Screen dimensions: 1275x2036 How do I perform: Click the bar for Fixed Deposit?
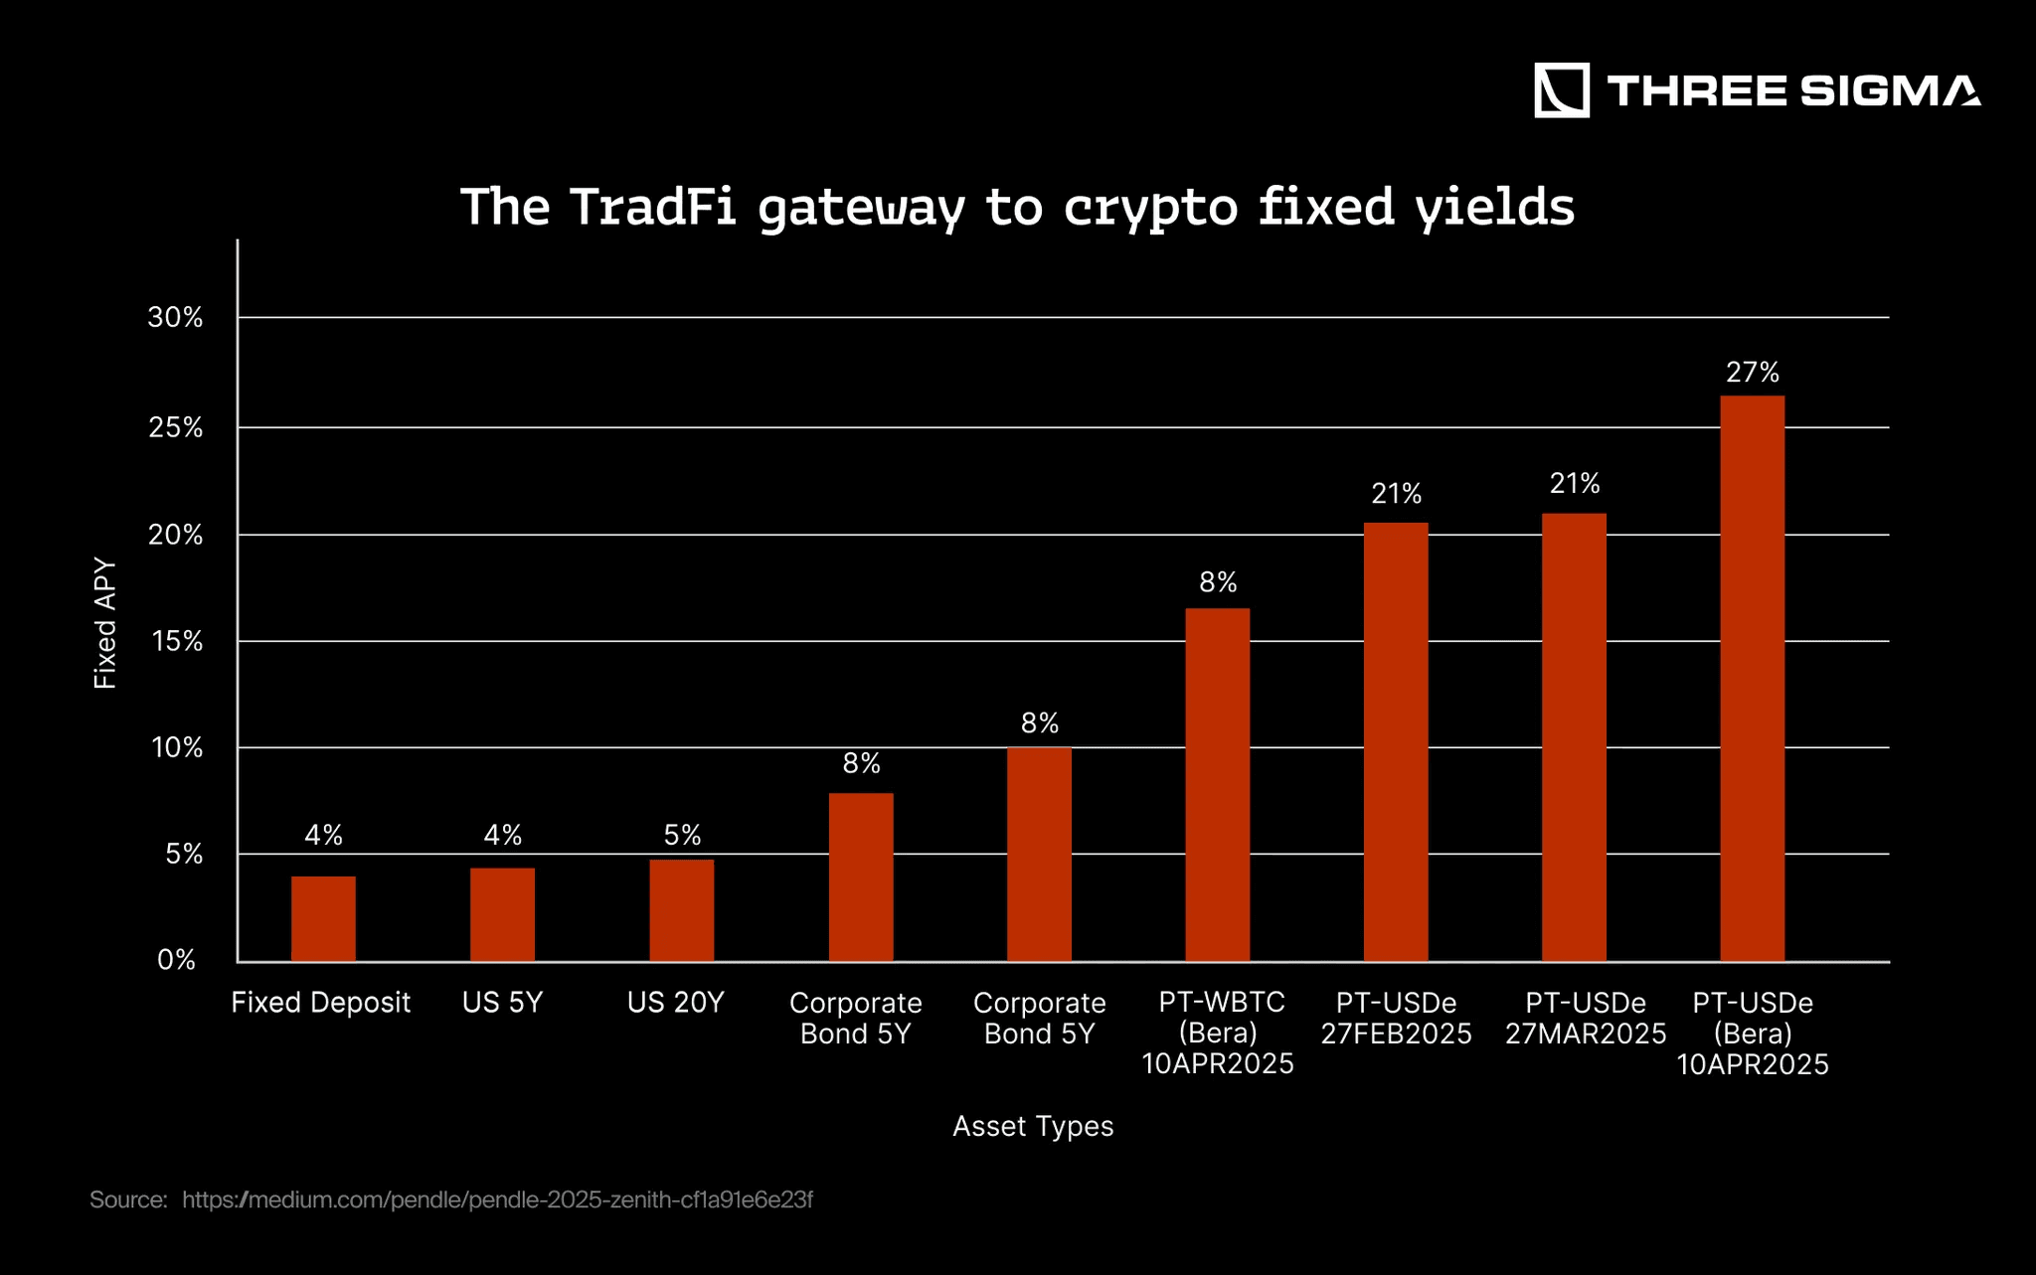coord(323,918)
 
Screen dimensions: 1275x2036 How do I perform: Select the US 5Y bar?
coord(502,914)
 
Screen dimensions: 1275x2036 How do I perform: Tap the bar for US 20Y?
coord(682,910)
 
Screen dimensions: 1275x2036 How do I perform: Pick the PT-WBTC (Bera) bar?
coord(1218,785)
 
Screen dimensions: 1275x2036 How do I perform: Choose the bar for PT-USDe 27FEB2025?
coord(1396,742)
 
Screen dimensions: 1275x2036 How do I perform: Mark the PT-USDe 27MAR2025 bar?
coord(1574,737)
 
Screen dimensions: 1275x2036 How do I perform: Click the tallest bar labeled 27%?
coord(1753,679)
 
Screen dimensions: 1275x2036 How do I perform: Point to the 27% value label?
coord(1753,373)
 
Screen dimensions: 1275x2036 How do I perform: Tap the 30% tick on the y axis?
coord(176,318)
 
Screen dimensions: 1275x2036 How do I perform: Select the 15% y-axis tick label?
coord(177,642)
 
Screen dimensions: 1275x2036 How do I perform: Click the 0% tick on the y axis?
coord(177,960)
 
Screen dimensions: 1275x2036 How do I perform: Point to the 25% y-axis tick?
coord(176,428)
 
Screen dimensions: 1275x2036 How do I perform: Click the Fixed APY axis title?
coord(105,624)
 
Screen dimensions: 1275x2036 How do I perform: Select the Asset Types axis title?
coord(1033,1127)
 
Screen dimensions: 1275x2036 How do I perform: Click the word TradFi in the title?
coord(652,207)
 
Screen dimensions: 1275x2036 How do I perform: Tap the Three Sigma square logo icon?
coord(1562,90)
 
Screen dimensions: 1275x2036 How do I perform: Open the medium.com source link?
coord(497,1200)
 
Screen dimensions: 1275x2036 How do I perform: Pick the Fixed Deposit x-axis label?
coord(321,1003)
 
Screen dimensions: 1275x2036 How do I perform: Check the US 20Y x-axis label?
coord(676,1003)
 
